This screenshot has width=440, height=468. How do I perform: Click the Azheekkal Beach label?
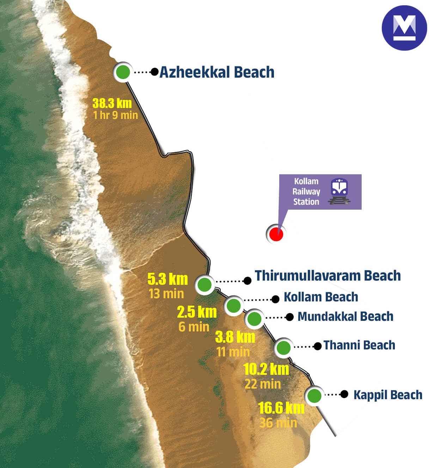pyautogui.click(x=217, y=72)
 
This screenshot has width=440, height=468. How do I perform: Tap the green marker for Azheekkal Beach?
pyautogui.click(x=123, y=72)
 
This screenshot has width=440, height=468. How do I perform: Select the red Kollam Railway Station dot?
pyautogui.click(x=276, y=234)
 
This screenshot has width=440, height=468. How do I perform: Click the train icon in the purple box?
pyautogui.click(x=339, y=191)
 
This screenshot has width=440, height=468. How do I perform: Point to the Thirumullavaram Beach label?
pyautogui.click(x=328, y=276)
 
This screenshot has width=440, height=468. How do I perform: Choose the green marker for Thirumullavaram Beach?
pyautogui.click(x=204, y=284)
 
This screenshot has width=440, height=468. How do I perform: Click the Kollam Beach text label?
pyautogui.click(x=321, y=297)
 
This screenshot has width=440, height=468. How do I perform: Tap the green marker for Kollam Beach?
pyautogui.click(x=233, y=305)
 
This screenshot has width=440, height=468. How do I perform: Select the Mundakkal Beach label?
pyautogui.click(x=345, y=317)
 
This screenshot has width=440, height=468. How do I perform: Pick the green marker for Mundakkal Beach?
pyautogui.click(x=254, y=319)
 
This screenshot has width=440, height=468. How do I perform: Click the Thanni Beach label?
pyautogui.click(x=359, y=345)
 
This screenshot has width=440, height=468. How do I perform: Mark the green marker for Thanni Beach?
pyautogui.click(x=283, y=348)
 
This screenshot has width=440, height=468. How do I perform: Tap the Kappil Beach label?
pyautogui.click(x=388, y=395)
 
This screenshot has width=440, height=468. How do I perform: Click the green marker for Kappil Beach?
pyautogui.click(x=314, y=396)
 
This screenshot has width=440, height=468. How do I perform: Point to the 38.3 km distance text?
pyautogui.click(x=112, y=103)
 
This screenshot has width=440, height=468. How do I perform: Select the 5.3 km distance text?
pyautogui.click(x=167, y=279)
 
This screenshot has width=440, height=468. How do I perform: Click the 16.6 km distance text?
pyautogui.click(x=281, y=408)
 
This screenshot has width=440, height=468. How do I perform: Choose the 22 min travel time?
pyautogui.click(x=263, y=384)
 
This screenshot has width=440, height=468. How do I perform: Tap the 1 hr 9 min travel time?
pyautogui.click(x=115, y=115)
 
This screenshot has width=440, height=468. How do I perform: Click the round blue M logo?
pyautogui.click(x=404, y=28)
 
